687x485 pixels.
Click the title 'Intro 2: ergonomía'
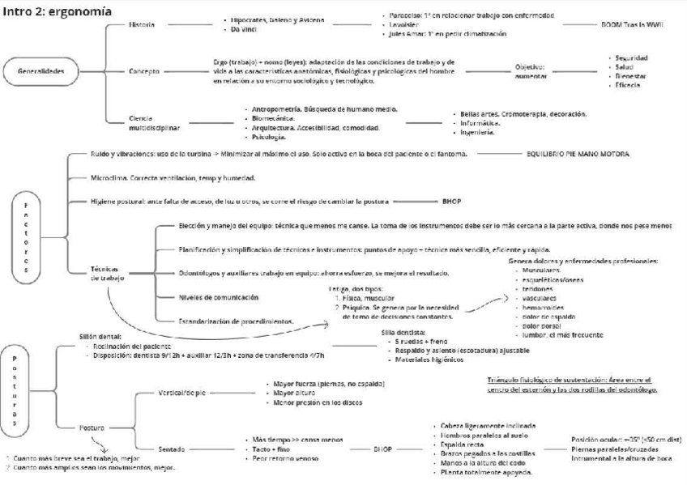click(x=57, y=12)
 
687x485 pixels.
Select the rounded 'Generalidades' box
click(x=41, y=71)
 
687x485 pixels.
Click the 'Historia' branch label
click(x=143, y=26)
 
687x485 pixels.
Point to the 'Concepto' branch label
click(x=144, y=71)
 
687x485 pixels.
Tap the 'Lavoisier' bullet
click(x=403, y=24)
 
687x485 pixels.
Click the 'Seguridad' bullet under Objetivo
click(x=631, y=57)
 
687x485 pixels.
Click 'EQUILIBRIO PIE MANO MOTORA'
click(x=578, y=153)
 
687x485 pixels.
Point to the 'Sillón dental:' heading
click(x=102, y=334)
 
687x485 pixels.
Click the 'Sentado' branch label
click(x=173, y=448)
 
